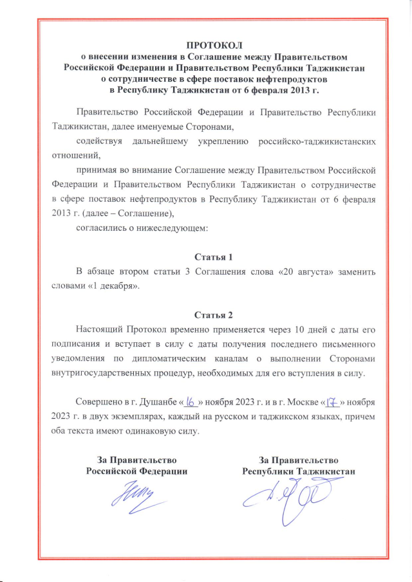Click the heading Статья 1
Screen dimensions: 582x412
[x=213, y=256]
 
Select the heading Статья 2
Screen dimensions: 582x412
[x=213, y=315]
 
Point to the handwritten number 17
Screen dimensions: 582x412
[x=332, y=401]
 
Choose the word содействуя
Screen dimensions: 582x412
[x=96, y=140]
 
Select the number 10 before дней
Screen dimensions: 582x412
[x=301, y=331]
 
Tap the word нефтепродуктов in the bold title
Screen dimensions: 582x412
[x=296, y=79]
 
